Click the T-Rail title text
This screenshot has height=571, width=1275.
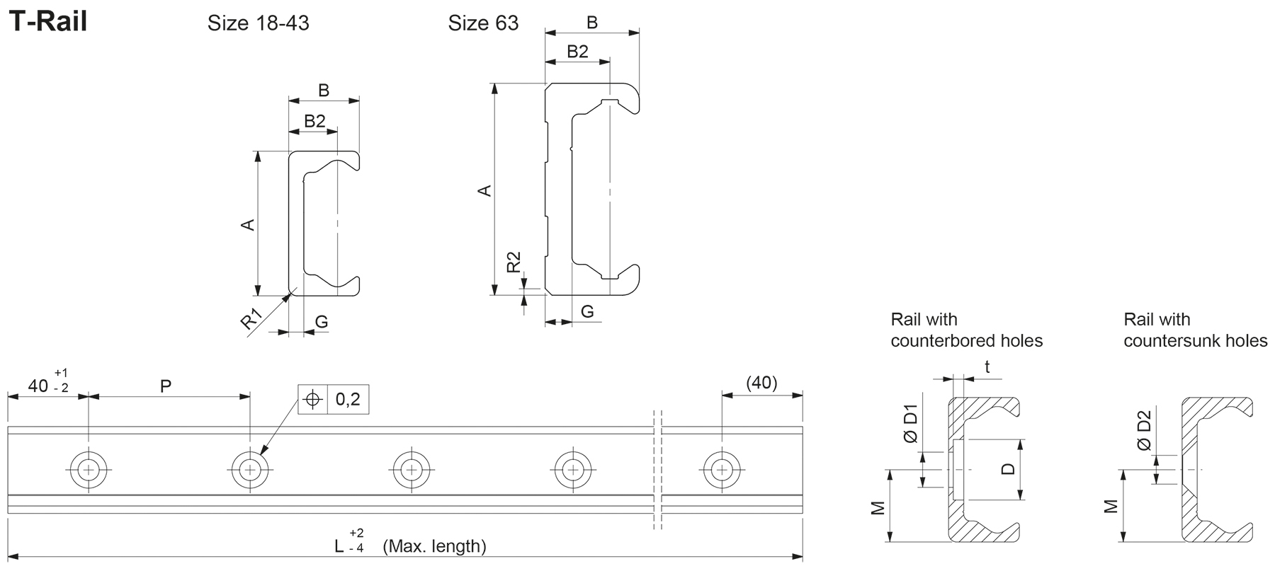pyautogui.click(x=47, y=22)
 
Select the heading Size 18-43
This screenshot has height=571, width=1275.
pyautogui.click(x=258, y=24)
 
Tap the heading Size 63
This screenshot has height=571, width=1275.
pyautogui.click(x=483, y=24)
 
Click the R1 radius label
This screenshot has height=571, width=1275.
pyautogui.click(x=251, y=319)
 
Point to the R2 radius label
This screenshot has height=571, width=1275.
pyautogui.click(x=514, y=263)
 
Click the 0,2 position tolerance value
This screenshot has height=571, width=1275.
pyautogui.click(x=348, y=400)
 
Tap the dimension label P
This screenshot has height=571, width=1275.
pyautogui.click(x=166, y=386)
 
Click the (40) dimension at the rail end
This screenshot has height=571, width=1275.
pyautogui.click(x=762, y=383)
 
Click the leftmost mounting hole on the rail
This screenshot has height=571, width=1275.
pyautogui.click(x=89, y=469)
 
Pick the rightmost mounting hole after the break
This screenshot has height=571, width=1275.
pyautogui.click(x=722, y=469)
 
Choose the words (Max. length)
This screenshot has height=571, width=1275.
pyautogui.click(x=434, y=546)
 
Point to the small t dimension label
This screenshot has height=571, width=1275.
pyautogui.click(x=987, y=367)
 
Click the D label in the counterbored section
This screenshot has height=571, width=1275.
pyautogui.click(x=1009, y=469)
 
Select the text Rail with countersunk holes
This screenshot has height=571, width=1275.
pyautogui.click(x=1195, y=330)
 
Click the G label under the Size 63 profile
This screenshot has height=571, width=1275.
pyautogui.click(x=587, y=311)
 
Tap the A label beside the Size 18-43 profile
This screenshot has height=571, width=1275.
pyautogui.click(x=248, y=224)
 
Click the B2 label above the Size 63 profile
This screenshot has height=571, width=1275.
pyautogui.click(x=577, y=52)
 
